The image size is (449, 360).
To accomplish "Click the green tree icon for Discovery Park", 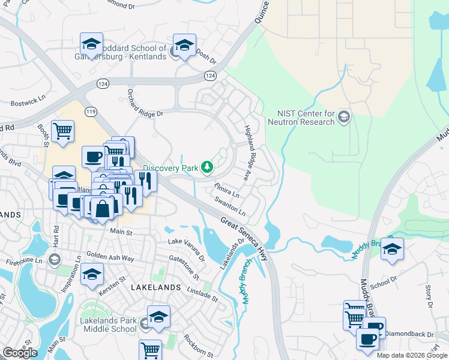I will click(207, 167).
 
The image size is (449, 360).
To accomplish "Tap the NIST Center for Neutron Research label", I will click(306, 118).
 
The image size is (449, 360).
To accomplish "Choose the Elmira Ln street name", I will click(226, 190).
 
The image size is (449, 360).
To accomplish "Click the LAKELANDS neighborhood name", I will click(155, 287).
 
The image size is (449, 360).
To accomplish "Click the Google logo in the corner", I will click(20, 352).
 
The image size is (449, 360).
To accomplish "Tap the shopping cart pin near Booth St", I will click(62, 131).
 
